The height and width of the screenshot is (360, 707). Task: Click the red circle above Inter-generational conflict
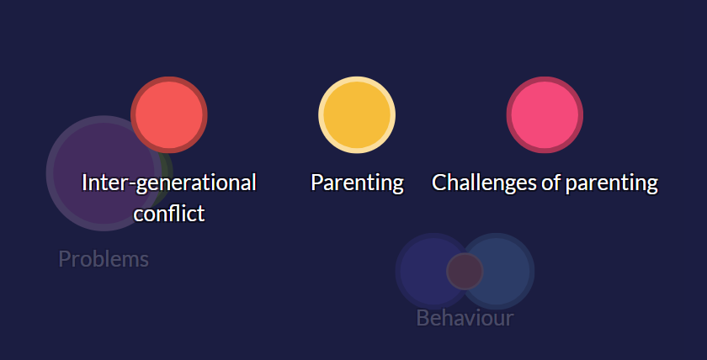tap(169, 115)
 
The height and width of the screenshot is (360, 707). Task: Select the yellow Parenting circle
tap(357, 115)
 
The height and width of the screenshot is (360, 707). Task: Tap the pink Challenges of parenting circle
tap(545, 115)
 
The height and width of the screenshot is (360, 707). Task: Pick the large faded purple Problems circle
tap(104, 173)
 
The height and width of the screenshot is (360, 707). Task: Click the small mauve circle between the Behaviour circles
tap(465, 272)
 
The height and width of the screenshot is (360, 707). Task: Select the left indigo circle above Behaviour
tap(433, 272)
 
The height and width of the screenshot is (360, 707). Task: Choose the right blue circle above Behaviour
tap(496, 272)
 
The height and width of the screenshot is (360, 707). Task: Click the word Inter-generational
tap(169, 183)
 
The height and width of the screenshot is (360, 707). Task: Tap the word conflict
tap(169, 213)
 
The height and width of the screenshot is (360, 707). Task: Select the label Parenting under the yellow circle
tap(357, 183)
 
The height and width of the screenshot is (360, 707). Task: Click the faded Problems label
tap(104, 259)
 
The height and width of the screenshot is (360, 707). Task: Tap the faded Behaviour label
tap(465, 318)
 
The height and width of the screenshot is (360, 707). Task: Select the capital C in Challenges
tap(439, 183)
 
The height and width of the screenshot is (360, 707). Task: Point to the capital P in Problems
tap(65, 259)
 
